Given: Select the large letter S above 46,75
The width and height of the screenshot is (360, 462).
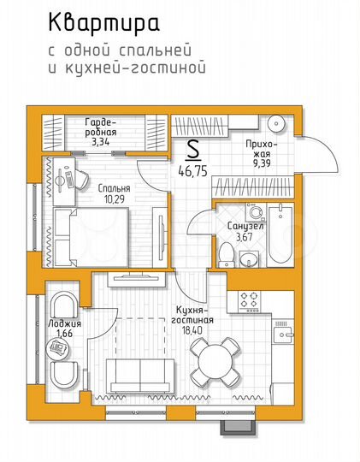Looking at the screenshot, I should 193,151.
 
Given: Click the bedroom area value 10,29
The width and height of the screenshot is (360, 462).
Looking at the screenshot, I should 114,198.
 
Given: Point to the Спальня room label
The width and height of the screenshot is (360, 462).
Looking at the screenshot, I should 114,188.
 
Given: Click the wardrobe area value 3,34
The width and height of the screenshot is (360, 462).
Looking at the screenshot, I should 100,143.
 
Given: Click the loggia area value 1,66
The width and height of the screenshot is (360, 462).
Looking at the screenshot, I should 63,335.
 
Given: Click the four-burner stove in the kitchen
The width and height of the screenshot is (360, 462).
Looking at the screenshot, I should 249,299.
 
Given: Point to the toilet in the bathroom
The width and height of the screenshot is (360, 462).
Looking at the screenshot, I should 225,252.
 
